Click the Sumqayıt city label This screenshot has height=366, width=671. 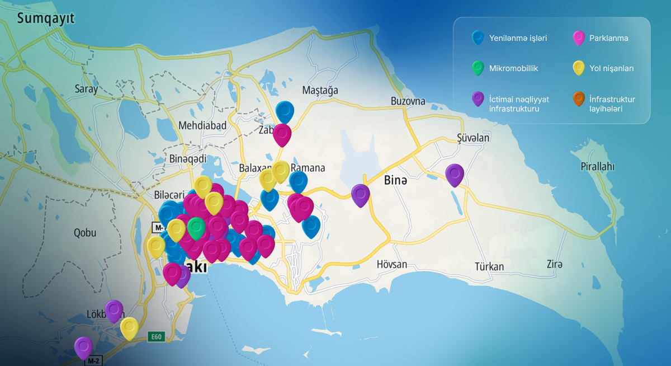tap(45, 18)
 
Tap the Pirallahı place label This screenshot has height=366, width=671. tap(597, 166)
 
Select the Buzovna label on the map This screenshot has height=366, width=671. tap(408, 101)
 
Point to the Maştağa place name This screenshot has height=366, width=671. tap(320, 90)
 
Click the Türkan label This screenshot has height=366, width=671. tap(489, 266)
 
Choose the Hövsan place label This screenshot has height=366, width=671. tap(391, 264)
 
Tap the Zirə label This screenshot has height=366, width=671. tap(555, 264)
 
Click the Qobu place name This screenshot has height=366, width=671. tap(85, 233)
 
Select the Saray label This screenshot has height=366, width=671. tap(86, 88)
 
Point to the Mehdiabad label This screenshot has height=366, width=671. tap(202, 125)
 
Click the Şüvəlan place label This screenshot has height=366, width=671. tap(472, 138)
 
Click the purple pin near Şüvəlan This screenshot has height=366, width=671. tap(455, 174)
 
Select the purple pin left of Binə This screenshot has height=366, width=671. tap(361, 194)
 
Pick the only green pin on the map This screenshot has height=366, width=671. tap(196, 227)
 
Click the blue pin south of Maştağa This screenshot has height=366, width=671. tap(285, 111)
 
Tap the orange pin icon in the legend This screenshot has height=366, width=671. tap(579, 99)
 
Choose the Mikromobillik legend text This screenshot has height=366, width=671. tap(513, 68)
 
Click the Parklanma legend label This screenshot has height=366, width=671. tap(608, 39)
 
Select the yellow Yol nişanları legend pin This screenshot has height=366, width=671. tap(579, 68)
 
